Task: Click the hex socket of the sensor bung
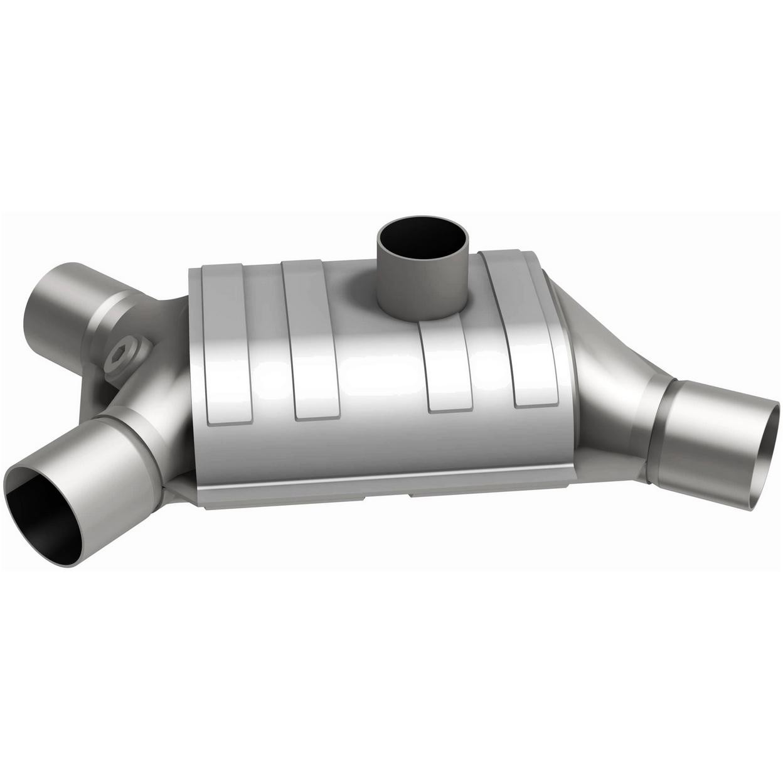[x=119, y=356]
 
